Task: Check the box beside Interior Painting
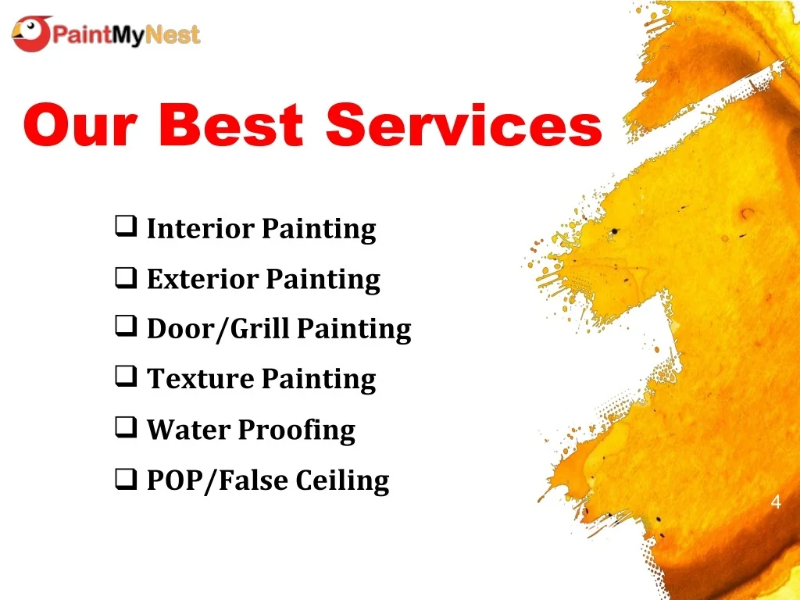[123, 227]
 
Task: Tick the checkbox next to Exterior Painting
[123, 277]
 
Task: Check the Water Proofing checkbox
[123, 428]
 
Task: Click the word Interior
[201, 229]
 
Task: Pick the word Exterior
[202, 279]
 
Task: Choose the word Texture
[201, 379]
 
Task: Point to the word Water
[188, 429]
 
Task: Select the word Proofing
[296, 430]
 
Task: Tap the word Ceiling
[342, 480]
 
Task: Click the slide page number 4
[776, 502]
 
